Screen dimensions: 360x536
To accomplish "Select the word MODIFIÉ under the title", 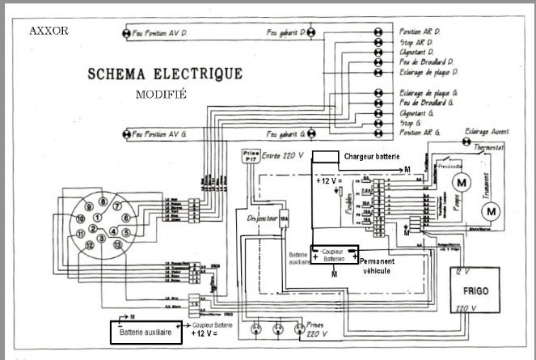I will pyautogui.click(x=162, y=94).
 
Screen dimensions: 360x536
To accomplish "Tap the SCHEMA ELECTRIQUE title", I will pyautogui.click(x=165, y=74).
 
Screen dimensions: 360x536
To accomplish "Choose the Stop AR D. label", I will pyautogui.click(x=416, y=41).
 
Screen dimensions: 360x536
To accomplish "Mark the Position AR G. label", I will pyautogui.click(x=420, y=132).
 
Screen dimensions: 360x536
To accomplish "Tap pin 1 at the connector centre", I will pyautogui.click(x=98, y=218).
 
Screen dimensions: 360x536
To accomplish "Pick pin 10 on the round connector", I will pyautogui.click(x=80, y=219).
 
